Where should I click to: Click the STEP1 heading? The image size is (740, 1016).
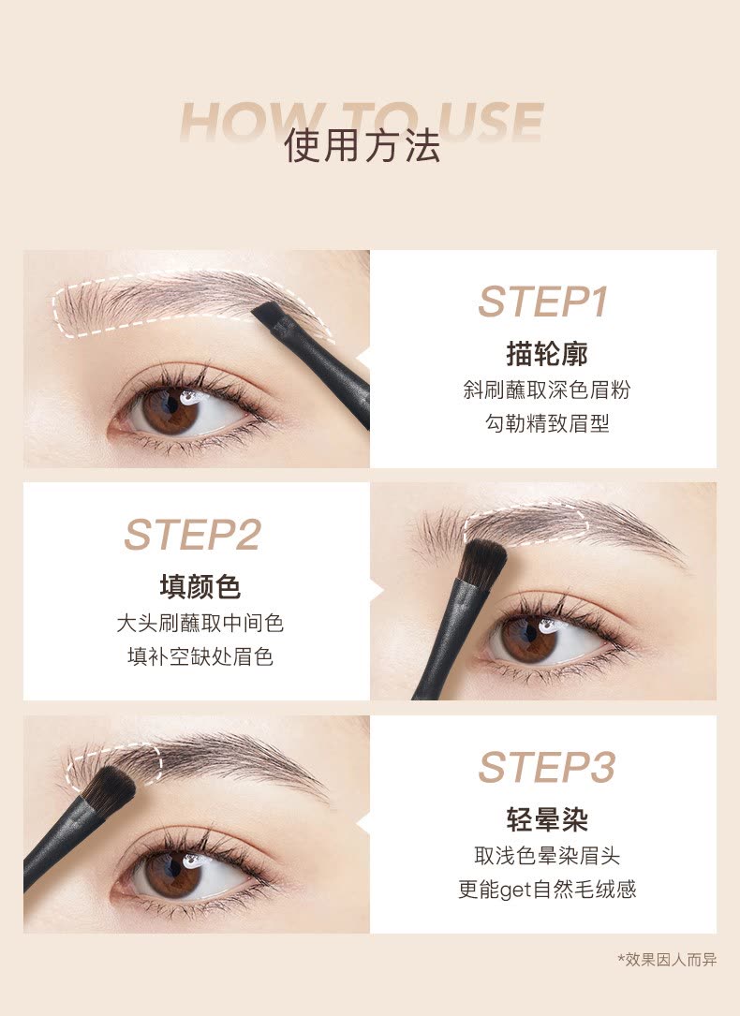543,302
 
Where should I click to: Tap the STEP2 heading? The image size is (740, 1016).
192,535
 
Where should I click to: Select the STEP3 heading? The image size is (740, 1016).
546,767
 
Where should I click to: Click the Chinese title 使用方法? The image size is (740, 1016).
363,144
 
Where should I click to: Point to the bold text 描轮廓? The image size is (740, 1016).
547,355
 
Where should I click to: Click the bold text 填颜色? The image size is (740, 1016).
200,587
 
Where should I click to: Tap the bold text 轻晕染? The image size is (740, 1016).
547,819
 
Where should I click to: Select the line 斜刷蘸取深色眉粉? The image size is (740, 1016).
547,390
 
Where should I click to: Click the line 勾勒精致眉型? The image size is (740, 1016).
547,424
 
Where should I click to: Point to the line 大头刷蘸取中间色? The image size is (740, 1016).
200,624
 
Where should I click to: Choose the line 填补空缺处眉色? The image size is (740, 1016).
200,657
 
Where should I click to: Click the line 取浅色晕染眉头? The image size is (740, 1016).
547,856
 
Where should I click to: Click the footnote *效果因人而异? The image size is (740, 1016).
667,960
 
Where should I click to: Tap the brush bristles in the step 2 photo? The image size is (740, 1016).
482,561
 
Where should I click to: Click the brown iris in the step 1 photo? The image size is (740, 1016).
170,411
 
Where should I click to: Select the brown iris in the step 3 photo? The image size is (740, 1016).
171,874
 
